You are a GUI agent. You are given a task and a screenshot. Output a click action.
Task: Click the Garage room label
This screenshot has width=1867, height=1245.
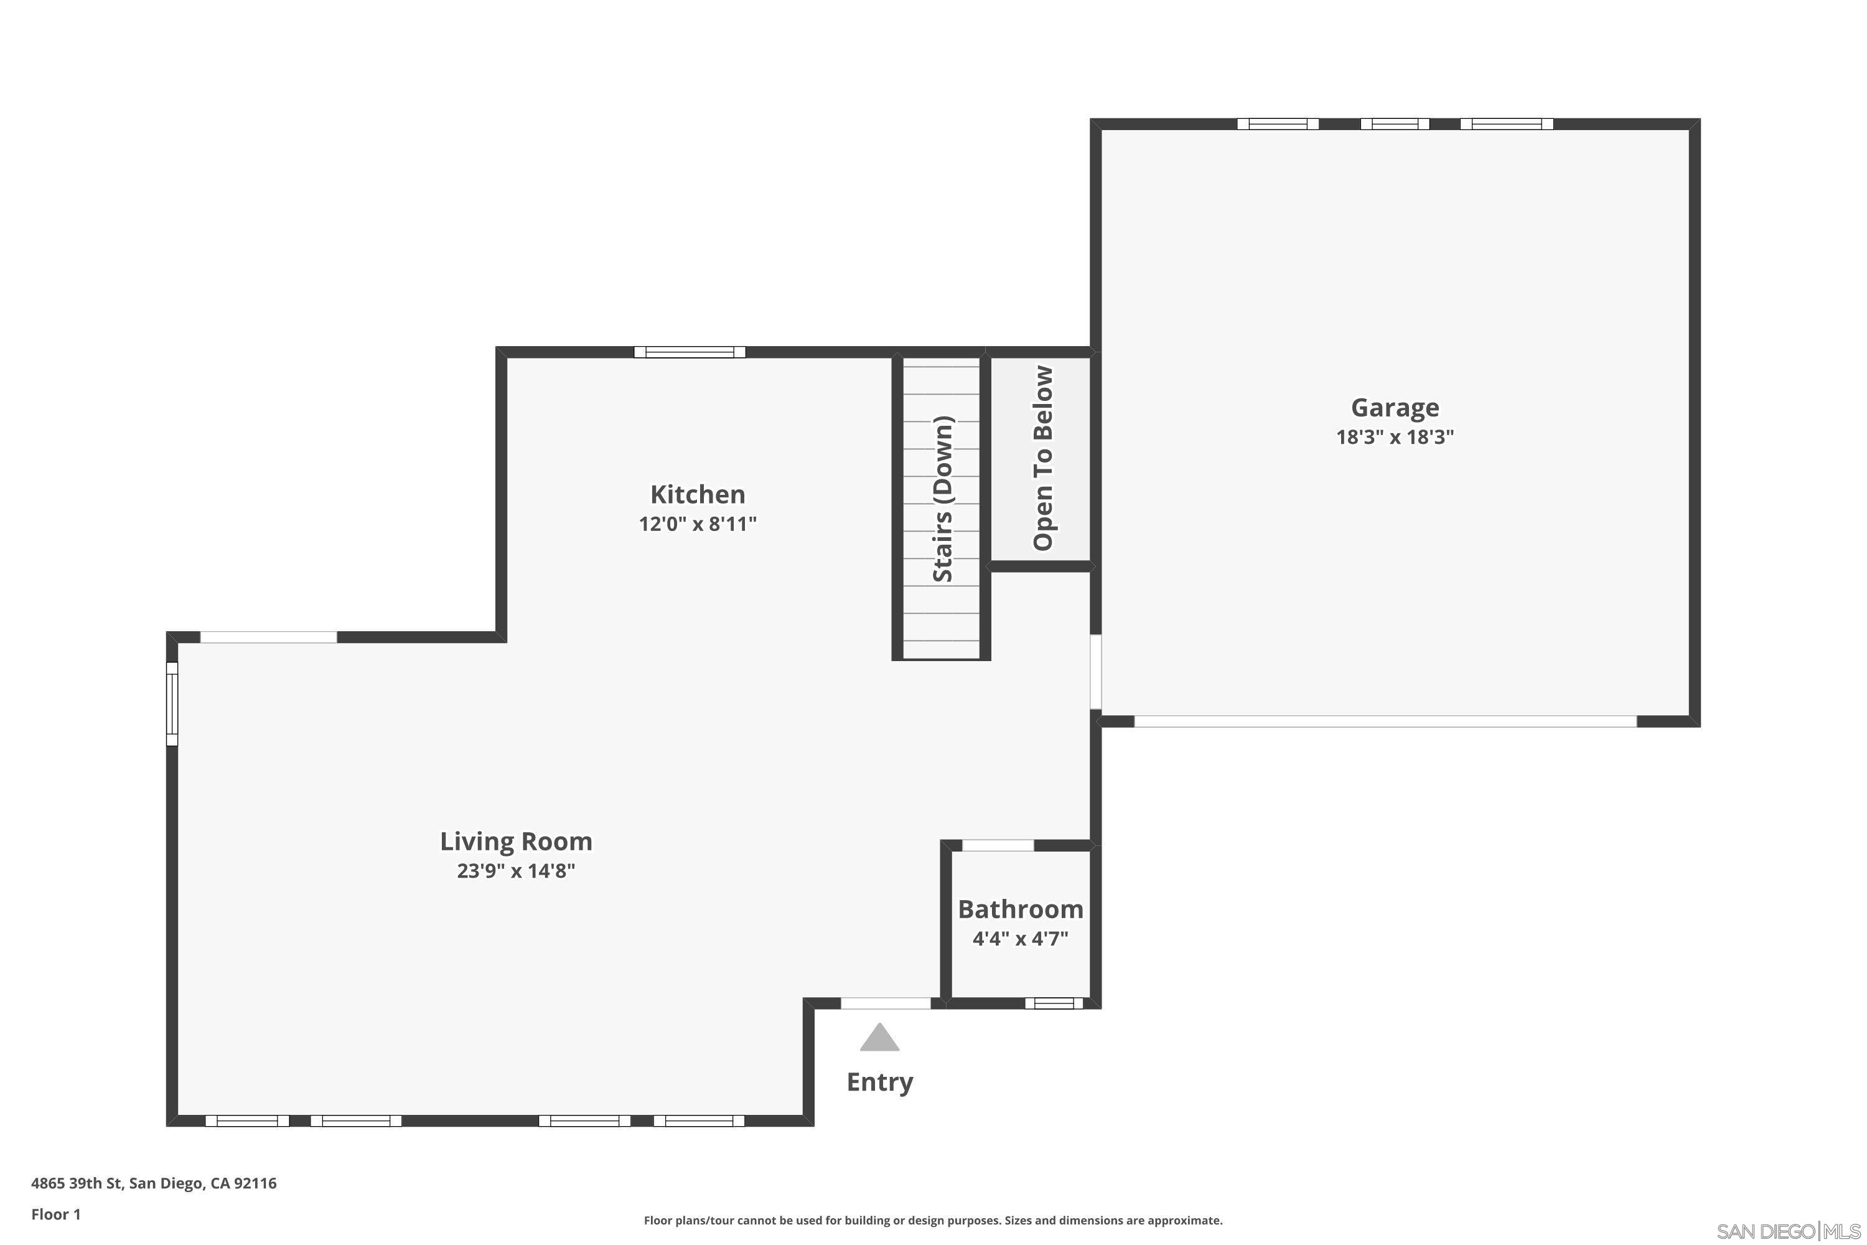[1394, 407]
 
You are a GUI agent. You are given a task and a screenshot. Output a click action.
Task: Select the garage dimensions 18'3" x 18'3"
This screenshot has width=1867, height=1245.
[1394, 438]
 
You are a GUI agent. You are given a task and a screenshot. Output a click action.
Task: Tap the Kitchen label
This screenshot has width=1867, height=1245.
[697, 495]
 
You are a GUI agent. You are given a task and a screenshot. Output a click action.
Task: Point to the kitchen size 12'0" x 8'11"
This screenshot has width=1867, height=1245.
[697, 524]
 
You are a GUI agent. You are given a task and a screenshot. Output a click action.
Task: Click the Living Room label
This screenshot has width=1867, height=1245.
[516, 841]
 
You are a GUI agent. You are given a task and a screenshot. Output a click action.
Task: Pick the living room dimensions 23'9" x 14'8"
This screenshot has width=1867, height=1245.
[516, 871]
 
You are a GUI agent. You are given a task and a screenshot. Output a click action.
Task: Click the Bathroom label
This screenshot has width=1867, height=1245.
[1020, 908]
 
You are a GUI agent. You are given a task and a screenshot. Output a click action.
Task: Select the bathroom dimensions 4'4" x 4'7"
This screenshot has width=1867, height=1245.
[1020, 939]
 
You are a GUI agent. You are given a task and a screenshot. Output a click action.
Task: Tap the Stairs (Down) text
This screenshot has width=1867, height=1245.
[942, 499]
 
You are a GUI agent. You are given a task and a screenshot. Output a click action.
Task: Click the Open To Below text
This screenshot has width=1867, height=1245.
[1042, 458]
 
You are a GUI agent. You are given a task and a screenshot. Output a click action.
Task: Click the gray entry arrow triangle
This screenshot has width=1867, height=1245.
[879, 1038]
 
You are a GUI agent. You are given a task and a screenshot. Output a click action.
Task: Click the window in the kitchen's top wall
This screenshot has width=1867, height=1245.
[689, 352]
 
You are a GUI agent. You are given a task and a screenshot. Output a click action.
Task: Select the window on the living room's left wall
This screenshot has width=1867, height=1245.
[172, 703]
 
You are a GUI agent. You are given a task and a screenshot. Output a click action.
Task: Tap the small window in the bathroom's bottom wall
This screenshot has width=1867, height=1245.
[1054, 1003]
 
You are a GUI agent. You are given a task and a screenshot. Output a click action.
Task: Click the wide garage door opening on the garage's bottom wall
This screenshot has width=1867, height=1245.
[1385, 721]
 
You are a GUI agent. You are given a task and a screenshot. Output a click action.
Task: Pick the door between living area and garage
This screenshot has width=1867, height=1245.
[1095, 672]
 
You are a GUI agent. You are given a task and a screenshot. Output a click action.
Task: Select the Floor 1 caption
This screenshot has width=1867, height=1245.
[55, 1214]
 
